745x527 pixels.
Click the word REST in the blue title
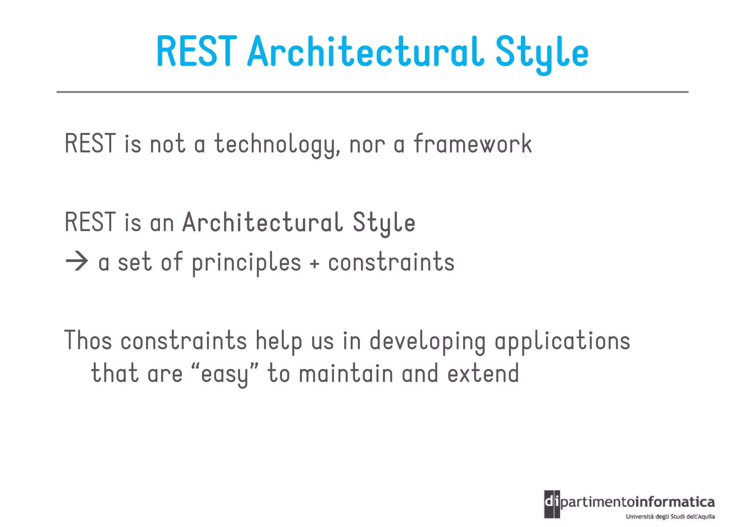(197, 52)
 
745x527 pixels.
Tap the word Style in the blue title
(542, 53)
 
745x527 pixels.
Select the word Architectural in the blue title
(365, 52)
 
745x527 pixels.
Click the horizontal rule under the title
(372, 92)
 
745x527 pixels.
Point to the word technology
(277, 145)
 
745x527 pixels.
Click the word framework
(473, 144)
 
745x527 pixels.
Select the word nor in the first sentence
(367, 145)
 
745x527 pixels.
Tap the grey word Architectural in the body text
(262, 223)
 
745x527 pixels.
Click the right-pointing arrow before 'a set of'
(77, 261)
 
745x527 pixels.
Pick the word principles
(246, 263)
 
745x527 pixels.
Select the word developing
(428, 342)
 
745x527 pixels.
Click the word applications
(562, 342)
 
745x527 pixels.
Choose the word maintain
(346, 374)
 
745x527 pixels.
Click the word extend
(483, 374)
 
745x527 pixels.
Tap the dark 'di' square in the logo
(552, 504)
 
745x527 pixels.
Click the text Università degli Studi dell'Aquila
(670, 516)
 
